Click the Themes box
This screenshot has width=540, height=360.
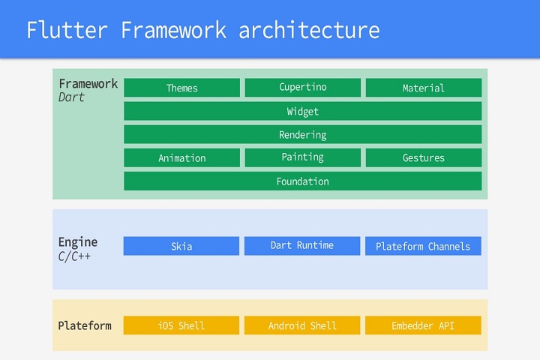click(181, 88)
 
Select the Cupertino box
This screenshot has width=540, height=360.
click(303, 88)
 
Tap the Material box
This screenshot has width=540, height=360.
click(424, 88)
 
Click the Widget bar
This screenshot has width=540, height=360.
click(303, 111)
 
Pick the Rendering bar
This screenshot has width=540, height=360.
click(303, 134)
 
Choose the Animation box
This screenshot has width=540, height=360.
click(181, 157)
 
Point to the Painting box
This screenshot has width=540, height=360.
click(303, 157)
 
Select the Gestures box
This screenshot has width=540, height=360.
click(424, 157)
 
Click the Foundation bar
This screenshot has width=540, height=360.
click(303, 181)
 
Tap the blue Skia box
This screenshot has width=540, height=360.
click(181, 246)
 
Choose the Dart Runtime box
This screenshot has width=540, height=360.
click(302, 246)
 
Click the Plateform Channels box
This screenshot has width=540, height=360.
click(423, 246)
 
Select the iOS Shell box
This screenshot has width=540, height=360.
click(181, 325)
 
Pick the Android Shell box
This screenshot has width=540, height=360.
click(302, 325)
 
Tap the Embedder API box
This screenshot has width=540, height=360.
click(423, 325)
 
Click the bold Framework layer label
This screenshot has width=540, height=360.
click(88, 84)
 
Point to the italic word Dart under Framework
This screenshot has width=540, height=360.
click(71, 97)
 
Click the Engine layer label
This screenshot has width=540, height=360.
click(78, 242)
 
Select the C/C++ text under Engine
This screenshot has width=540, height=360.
click(74, 256)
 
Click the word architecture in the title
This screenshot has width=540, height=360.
click(309, 30)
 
